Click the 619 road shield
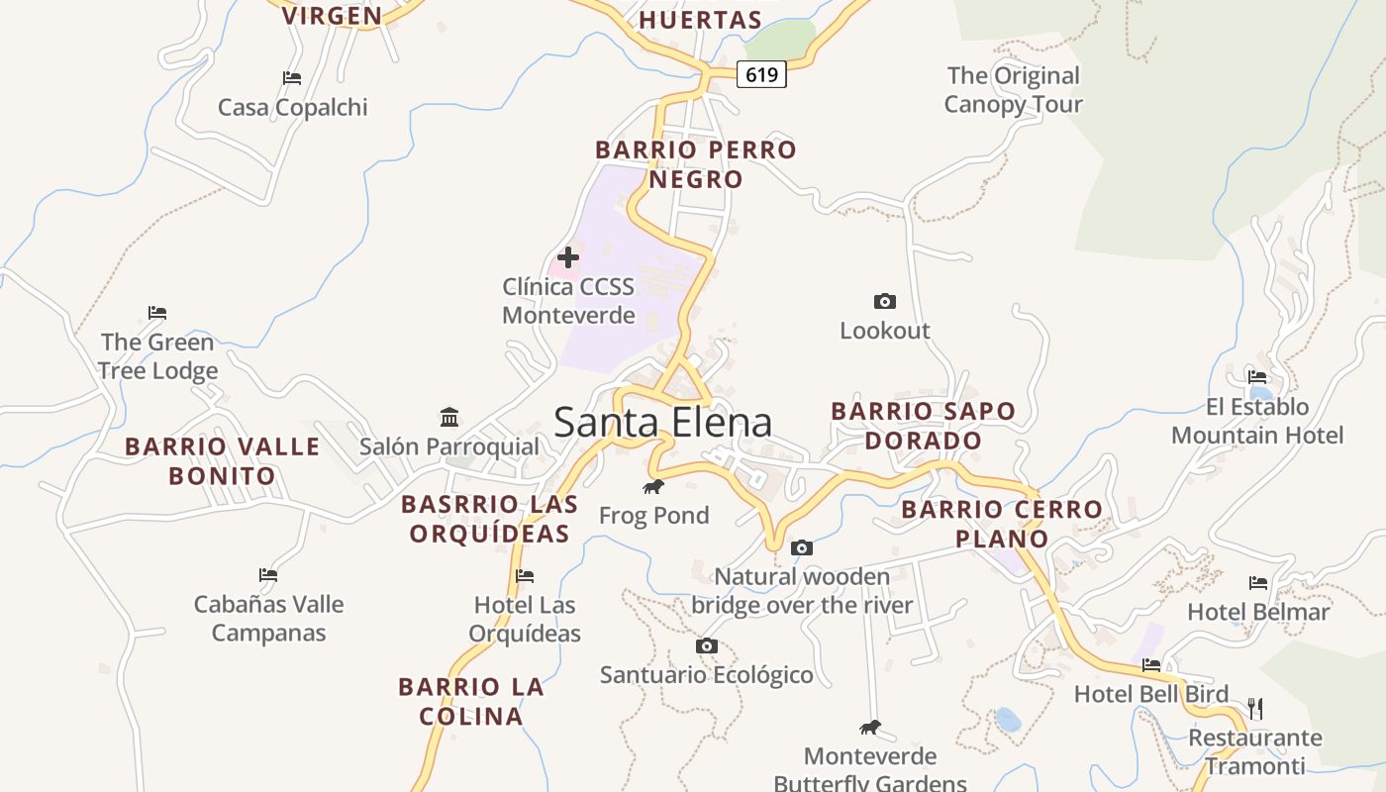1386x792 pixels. (761, 74)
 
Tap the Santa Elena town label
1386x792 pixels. (662, 423)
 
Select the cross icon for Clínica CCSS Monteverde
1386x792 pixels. (568, 257)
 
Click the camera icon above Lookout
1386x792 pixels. (885, 301)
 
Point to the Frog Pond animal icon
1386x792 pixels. (653, 486)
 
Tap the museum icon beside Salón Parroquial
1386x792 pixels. (449, 417)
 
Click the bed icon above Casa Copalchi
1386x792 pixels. (292, 78)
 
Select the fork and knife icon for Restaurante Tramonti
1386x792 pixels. (1255, 708)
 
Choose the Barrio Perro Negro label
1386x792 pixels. (695, 164)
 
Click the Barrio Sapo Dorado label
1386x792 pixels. (923, 426)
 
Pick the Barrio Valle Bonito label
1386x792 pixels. (223, 461)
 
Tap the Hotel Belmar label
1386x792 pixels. (1258, 612)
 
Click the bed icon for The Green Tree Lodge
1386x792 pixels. (157, 313)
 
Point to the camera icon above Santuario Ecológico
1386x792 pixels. (706, 646)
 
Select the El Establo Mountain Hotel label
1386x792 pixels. (1257, 421)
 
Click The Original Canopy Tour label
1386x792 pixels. (1013, 90)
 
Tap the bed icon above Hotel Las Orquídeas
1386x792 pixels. (525, 576)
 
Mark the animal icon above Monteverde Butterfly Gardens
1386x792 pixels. (870, 728)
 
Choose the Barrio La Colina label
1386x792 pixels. (471, 701)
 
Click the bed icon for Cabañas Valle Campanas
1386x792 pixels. (268, 574)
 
